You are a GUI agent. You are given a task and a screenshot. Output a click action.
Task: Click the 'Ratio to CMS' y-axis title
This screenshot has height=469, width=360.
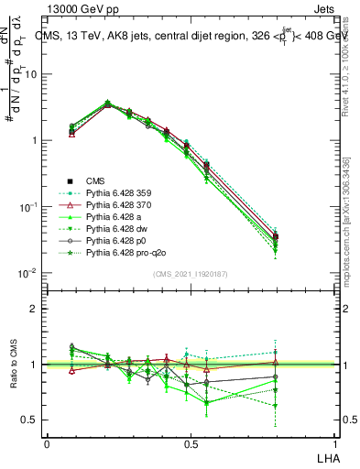13,364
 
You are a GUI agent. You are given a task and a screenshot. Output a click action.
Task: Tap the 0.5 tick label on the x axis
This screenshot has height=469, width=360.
191,443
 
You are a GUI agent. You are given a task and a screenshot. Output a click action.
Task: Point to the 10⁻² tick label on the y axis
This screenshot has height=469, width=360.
27,273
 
